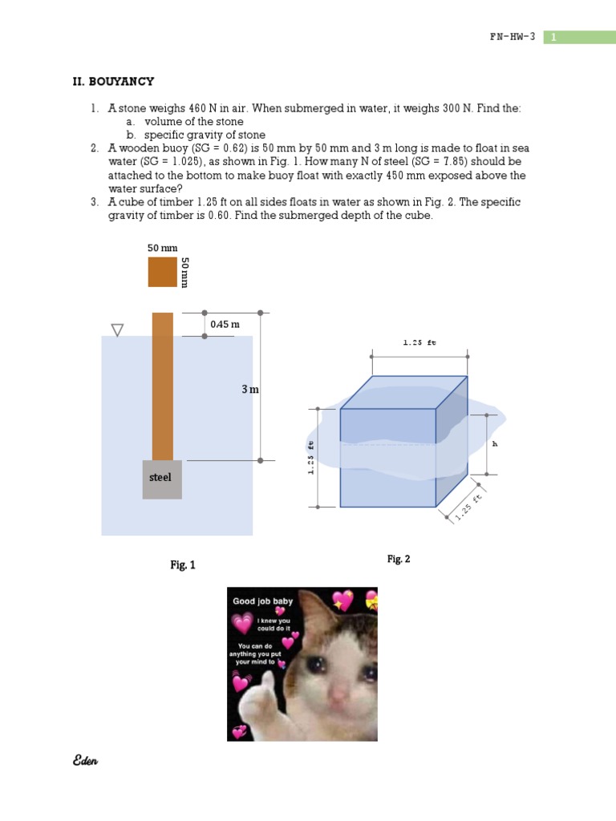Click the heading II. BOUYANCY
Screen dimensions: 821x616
(113, 82)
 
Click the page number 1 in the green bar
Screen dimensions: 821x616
(553, 37)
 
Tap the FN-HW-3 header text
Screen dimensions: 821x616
(512, 37)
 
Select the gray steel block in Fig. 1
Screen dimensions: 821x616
(162, 479)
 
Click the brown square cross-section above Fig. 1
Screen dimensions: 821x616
(162, 272)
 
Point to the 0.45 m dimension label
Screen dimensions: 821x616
(225, 325)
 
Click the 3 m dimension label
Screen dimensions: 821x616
(250, 389)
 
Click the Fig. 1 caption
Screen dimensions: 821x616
(182, 565)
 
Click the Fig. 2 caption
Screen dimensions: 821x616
(399, 559)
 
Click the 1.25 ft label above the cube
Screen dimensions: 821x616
(419, 342)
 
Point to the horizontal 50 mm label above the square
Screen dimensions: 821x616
(162, 249)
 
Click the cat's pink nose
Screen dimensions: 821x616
(342, 691)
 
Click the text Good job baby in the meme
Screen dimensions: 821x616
(263, 601)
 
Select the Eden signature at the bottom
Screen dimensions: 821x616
(85, 761)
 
